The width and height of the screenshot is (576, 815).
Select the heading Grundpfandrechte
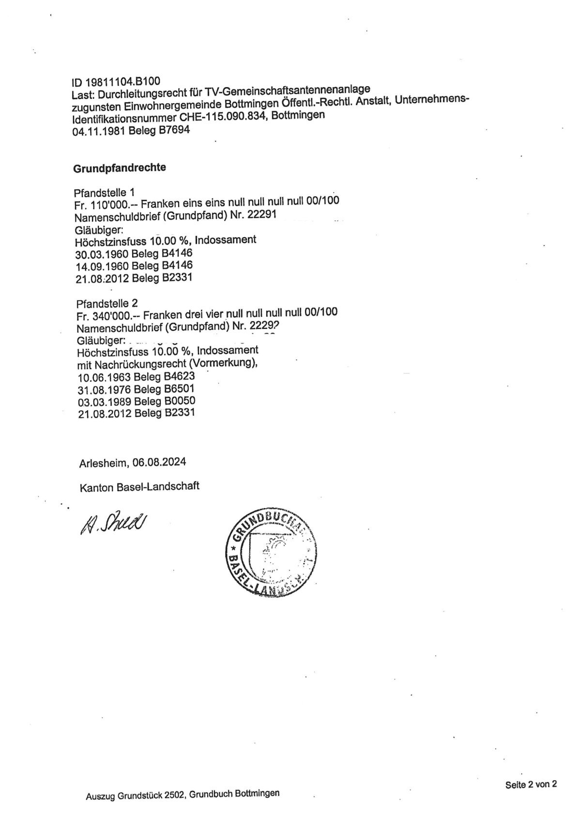click(x=120, y=168)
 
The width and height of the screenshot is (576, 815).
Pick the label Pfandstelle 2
click(x=107, y=303)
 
